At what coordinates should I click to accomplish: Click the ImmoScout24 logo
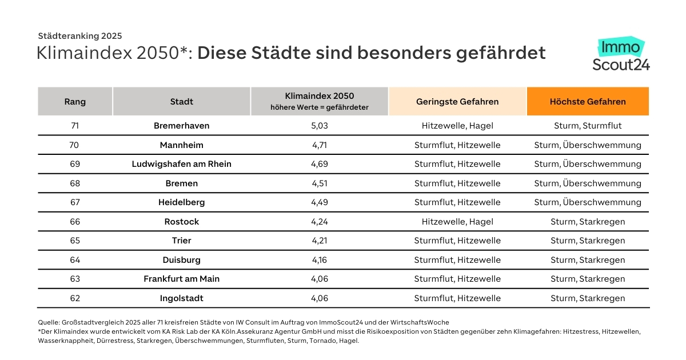click(621, 55)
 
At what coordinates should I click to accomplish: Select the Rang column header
click(75, 102)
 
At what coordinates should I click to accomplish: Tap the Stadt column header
click(182, 102)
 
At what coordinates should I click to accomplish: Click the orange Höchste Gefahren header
click(588, 102)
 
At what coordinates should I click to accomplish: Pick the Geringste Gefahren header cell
click(457, 102)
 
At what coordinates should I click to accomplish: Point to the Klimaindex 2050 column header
click(320, 101)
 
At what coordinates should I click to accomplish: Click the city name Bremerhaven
click(182, 126)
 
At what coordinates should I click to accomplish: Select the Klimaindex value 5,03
click(320, 126)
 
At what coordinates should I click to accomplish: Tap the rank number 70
click(74, 145)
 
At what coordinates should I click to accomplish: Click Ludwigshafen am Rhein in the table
click(182, 164)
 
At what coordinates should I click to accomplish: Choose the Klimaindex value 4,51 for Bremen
click(320, 183)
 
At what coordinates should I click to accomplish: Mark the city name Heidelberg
click(182, 202)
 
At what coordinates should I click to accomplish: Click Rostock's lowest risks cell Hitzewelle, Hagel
click(457, 222)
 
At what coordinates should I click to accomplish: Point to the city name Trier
click(182, 241)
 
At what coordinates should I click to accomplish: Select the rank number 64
click(74, 260)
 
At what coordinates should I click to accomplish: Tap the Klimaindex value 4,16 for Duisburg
click(320, 260)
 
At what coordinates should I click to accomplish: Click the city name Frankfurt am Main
click(182, 279)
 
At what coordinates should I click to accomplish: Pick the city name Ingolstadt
click(182, 298)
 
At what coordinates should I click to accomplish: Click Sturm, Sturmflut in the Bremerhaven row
click(588, 126)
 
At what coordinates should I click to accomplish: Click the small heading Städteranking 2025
click(79, 36)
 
